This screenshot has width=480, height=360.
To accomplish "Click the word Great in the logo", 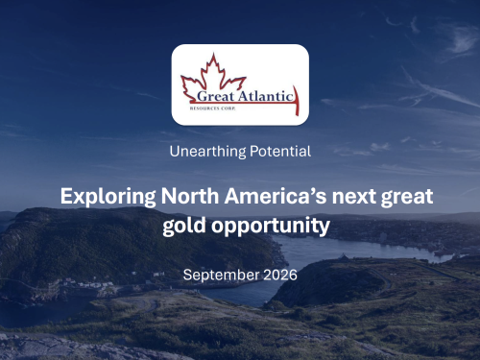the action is click(215, 96).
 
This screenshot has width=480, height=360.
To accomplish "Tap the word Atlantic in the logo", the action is click(265, 96).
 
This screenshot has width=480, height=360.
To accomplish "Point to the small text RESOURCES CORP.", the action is click(212, 108).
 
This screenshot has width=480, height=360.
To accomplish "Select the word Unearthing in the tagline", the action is click(207, 152).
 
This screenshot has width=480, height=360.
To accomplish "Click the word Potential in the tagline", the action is click(280, 151).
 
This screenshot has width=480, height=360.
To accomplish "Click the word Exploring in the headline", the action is click(108, 197).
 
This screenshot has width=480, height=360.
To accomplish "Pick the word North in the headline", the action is click(190, 196).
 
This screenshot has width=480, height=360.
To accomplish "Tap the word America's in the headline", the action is click(276, 196).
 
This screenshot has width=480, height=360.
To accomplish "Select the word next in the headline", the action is click(353, 197).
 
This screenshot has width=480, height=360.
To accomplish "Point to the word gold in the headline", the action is click(184, 226).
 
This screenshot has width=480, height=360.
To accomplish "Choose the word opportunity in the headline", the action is click(271, 227).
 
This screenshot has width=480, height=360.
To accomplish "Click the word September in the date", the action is click(221, 276).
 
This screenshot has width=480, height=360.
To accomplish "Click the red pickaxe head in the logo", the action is click(297, 100).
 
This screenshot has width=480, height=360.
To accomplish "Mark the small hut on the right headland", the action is click(343, 257).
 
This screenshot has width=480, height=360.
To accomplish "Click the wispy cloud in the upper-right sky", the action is click(463, 40).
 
